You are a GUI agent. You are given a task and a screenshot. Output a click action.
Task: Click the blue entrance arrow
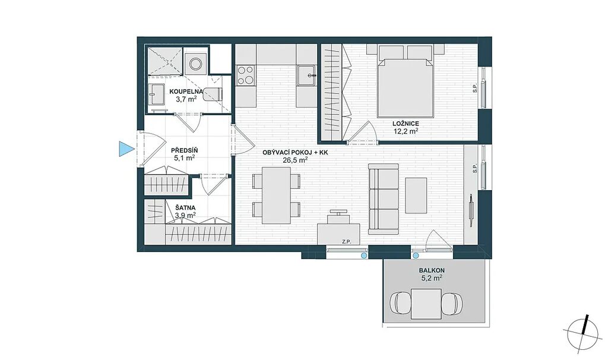point(125,149)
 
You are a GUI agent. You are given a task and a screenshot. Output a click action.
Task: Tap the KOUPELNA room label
point(186,91)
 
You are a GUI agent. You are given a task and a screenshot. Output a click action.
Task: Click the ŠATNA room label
point(185,207)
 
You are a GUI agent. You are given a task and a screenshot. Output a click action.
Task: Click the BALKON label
point(432,270)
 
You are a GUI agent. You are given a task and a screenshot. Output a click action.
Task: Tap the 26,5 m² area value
point(296,159)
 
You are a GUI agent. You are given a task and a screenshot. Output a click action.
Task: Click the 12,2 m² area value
point(406,131)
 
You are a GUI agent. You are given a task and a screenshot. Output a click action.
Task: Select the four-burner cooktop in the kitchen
point(246,75)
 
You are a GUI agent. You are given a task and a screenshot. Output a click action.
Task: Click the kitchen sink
point(307,75)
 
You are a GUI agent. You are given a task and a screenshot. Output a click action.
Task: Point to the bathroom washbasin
point(157,94)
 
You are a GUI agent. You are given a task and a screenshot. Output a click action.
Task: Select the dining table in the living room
point(277,195)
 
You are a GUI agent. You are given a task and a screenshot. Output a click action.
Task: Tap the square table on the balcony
point(426,304)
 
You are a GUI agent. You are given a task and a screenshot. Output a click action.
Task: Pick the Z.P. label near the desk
point(346,242)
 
